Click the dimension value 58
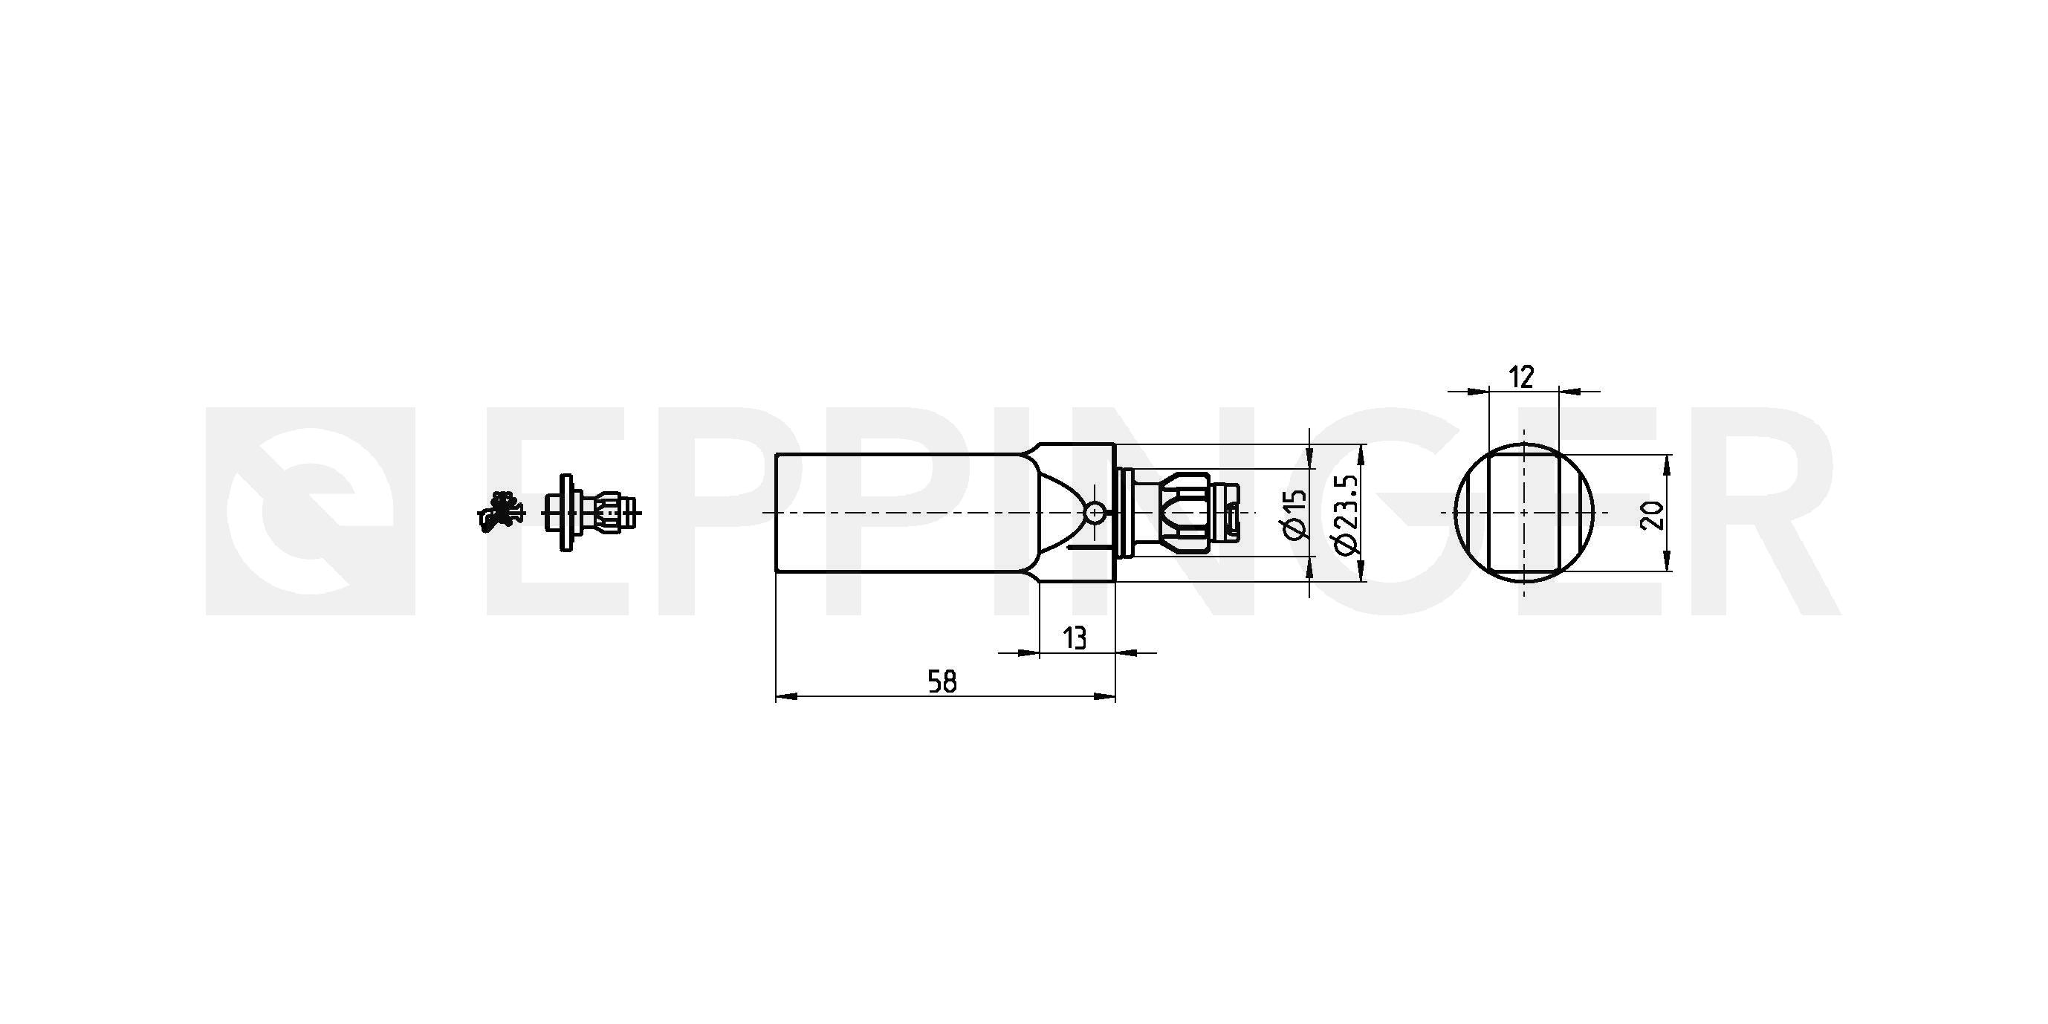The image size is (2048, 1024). (x=942, y=681)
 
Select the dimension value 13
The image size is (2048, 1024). (x=1074, y=638)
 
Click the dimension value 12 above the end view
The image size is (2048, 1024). (x=1521, y=377)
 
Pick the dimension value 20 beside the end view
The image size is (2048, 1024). (x=1652, y=515)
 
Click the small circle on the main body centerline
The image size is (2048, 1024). (x=1095, y=513)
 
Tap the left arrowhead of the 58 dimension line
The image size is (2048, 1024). (x=786, y=697)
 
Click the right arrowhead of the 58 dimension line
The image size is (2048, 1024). (x=1105, y=697)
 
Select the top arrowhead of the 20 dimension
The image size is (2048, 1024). (x=1668, y=466)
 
